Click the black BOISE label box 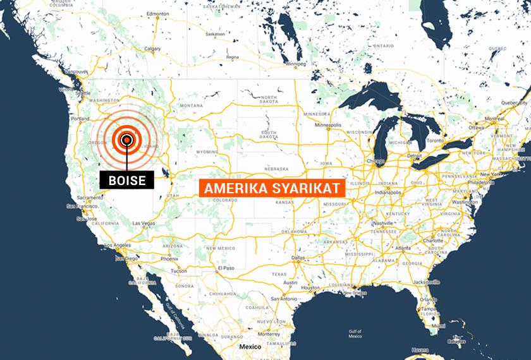(x=127, y=180)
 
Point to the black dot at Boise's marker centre (x=127, y=140)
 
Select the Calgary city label (x=152, y=49)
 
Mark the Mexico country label (x=248, y=347)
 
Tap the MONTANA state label (x=190, y=105)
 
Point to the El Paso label (x=226, y=268)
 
